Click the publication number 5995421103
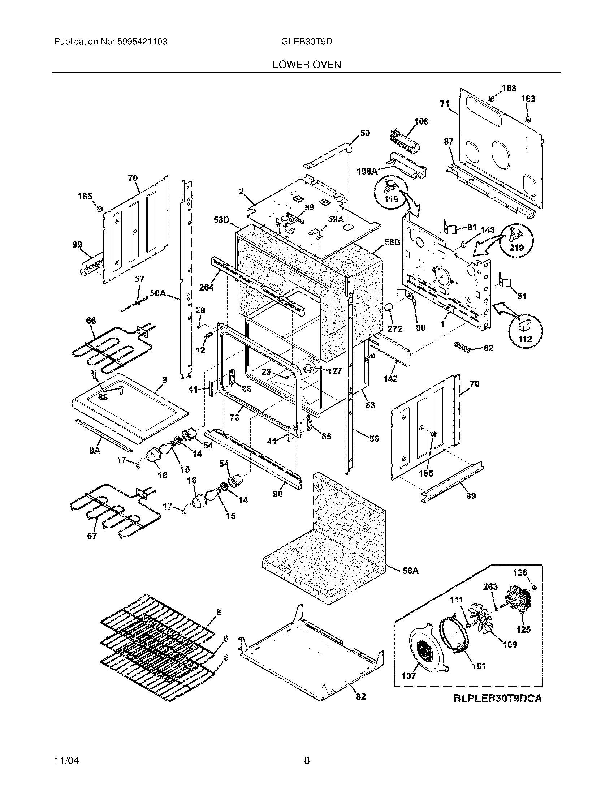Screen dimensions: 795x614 click(142, 42)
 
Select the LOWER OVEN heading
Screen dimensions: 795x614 click(307, 65)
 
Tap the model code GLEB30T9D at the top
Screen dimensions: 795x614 click(307, 42)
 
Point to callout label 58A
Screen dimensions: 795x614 click(411, 571)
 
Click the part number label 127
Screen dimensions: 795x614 click(334, 370)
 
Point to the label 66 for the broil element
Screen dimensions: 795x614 click(91, 321)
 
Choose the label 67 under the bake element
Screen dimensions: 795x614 click(92, 536)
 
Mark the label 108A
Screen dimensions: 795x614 click(367, 171)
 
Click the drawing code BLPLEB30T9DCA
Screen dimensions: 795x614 click(498, 698)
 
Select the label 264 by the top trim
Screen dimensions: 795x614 click(207, 287)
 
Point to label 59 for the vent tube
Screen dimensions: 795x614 click(365, 133)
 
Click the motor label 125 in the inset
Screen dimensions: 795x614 click(523, 629)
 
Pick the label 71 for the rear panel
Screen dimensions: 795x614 click(445, 104)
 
